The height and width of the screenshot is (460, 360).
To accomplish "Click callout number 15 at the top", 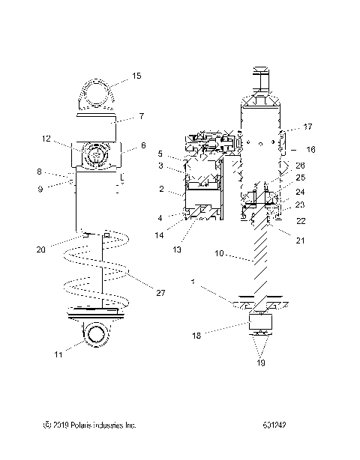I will (x=136, y=75).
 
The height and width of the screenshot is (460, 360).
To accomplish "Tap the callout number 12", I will (x=46, y=139).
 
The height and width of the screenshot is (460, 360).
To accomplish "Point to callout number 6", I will (x=142, y=145).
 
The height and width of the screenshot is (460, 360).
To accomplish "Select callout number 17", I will (x=308, y=127).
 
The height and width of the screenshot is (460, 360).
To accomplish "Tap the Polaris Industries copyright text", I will (x=90, y=425).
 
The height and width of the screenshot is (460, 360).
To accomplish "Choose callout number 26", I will (x=300, y=165).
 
